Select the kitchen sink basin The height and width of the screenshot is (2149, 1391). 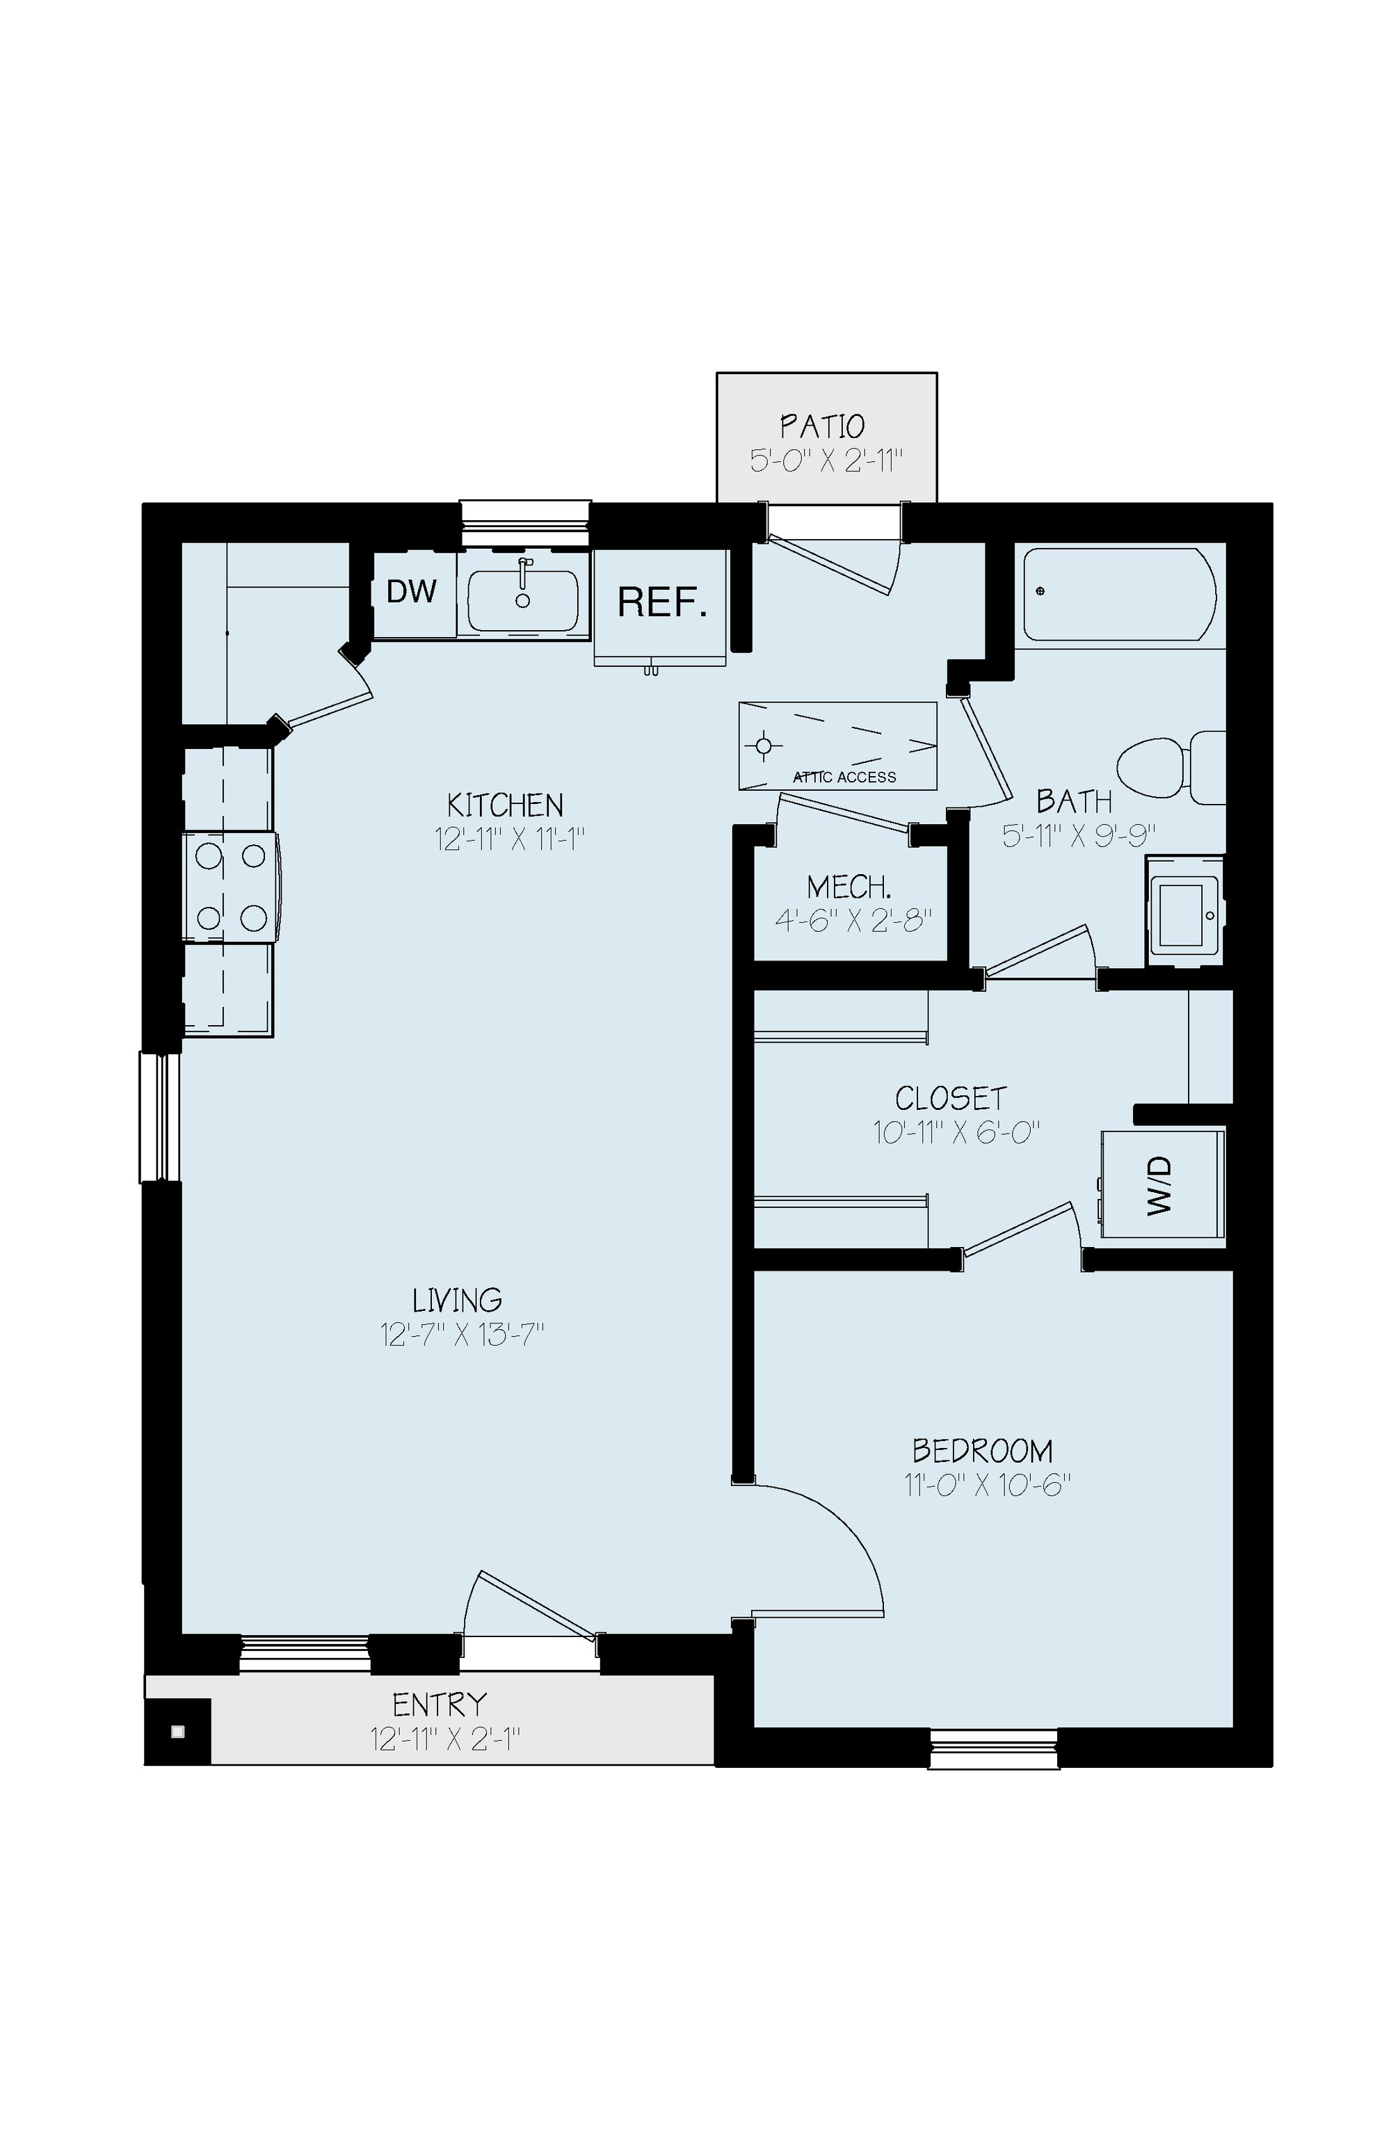tap(523, 600)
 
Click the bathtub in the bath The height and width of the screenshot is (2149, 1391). tap(1119, 594)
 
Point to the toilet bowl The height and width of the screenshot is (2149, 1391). tap(1152, 768)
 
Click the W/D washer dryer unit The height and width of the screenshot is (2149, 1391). tap(1162, 1184)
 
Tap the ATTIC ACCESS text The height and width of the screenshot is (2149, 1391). tap(844, 778)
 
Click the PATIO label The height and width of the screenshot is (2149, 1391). tap(823, 426)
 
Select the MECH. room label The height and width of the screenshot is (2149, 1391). tap(850, 887)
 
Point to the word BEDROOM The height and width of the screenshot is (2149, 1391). tap(983, 1451)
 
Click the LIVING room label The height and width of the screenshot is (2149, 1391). tap(457, 1301)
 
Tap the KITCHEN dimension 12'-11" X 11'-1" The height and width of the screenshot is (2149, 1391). tap(510, 839)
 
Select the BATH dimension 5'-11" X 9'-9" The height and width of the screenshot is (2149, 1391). tap(1079, 835)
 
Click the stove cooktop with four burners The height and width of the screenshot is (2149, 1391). tap(231, 887)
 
